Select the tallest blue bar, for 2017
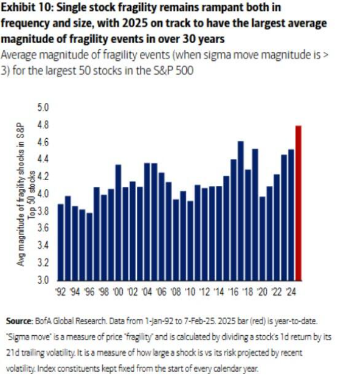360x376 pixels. coord(240,211)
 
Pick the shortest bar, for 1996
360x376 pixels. coord(90,246)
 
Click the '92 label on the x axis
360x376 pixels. coord(61,291)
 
